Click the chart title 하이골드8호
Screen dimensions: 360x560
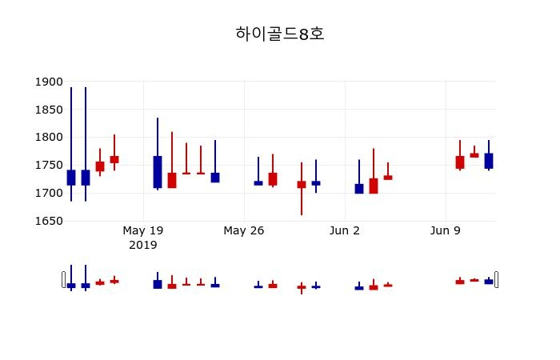pos(280,34)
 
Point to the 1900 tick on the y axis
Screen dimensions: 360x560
pos(49,82)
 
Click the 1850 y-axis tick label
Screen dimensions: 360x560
pos(49,110)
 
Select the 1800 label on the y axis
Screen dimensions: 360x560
pos(49,138)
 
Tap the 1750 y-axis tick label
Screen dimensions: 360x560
pos(49,166)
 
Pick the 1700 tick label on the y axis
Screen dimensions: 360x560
pos(49,194)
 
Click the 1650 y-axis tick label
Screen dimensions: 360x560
pos(49,221)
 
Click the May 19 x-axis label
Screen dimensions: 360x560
pos(143,231)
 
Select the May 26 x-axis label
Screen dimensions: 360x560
pos(244,231)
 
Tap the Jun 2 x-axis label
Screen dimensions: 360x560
pos(345,231)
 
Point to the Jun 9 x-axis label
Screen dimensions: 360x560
pos(446,231)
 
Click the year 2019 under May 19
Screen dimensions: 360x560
pos(143,245)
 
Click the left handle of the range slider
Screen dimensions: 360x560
pos(64,279)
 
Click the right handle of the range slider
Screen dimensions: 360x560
pos(496,279)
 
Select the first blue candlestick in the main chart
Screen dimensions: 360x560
pos(71,178)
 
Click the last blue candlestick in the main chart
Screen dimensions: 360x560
pos(489,161)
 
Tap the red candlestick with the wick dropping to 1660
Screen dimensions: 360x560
pos(302,184)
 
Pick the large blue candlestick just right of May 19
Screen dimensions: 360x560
pos(158,172)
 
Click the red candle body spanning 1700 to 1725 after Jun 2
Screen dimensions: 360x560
pos(374,186)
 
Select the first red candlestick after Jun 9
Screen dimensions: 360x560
pos(460,162)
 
